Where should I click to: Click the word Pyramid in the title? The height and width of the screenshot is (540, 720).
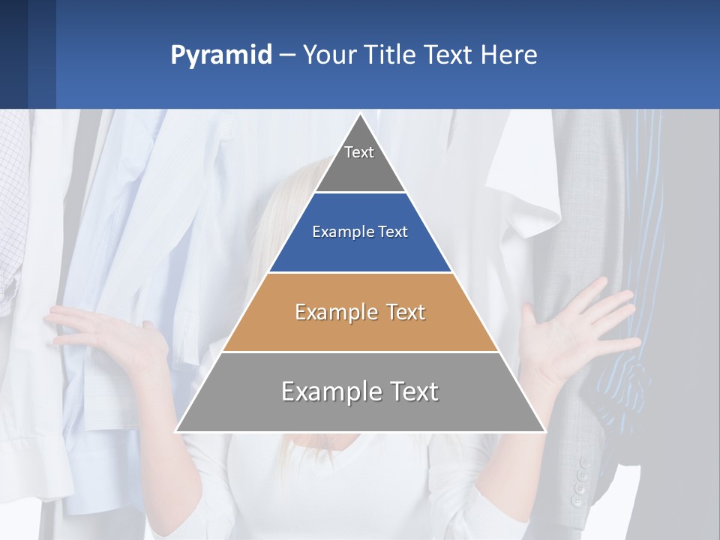click(221, 55)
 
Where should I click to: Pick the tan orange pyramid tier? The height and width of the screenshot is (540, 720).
click(360, 312)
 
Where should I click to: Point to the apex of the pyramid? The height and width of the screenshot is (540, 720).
click(360, 115)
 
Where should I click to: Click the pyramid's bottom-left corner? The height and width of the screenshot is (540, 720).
click(177, 431)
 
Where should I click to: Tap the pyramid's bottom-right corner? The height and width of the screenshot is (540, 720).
click(544, 431)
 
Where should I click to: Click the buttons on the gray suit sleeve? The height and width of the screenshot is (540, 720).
click(580, 480)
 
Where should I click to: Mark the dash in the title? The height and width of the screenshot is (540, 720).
click(287, 55)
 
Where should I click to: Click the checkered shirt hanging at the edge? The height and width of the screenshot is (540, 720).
click(12, 210)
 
